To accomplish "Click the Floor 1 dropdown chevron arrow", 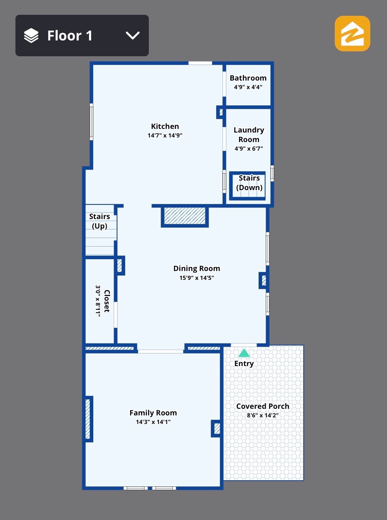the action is (133, 36).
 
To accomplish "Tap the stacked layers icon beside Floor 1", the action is (31, 36).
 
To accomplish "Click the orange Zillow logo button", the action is (352, 34).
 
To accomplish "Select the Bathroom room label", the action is (248, 78).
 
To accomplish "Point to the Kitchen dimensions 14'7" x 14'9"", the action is (165, 135).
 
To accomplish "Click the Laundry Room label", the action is (249, 135).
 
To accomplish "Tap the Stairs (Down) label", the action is (249, 183).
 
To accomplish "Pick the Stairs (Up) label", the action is (100, 221).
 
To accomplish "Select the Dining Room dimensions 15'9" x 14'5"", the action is (196, 278).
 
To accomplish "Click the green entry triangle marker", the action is (244, 353).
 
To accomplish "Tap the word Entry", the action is (244, 363).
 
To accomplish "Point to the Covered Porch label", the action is (262, 406).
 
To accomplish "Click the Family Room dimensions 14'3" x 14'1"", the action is (153, 422).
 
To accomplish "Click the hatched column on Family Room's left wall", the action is (88, 419).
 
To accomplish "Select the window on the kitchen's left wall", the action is (91, 122).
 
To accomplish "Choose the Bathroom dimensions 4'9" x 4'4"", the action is (248, 87).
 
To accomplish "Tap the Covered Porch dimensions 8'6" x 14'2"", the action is (262, 415).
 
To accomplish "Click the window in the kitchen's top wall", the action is (200, 63).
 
